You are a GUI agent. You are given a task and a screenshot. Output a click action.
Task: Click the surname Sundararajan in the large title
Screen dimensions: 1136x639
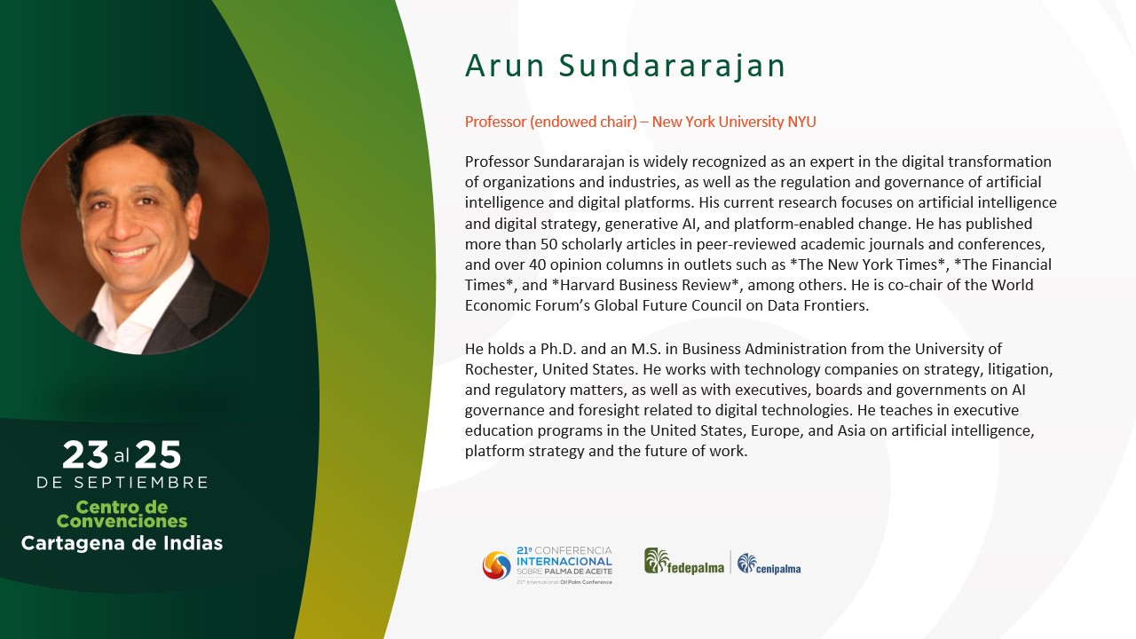point(672,66)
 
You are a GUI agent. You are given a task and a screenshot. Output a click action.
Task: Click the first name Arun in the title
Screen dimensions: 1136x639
point(505,66)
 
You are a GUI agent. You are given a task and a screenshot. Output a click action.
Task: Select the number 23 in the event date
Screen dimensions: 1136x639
point(85,454)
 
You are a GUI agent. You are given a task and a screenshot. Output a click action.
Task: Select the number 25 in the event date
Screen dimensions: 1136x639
point(158,454)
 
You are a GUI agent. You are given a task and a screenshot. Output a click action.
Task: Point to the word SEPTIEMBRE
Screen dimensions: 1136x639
point(141,482)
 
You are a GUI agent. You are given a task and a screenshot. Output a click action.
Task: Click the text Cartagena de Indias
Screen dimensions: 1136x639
point(122,543)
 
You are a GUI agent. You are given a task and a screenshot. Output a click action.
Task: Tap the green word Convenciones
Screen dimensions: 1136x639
point(122,521)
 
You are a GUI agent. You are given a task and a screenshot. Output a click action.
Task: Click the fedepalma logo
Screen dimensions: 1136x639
point(684,562)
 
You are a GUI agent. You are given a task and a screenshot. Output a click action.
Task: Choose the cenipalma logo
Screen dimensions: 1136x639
point(769,564)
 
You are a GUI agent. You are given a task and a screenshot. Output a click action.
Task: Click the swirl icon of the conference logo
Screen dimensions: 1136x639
point(496,565)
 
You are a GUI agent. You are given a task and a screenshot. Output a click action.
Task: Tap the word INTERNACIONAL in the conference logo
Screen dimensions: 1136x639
point(564,562)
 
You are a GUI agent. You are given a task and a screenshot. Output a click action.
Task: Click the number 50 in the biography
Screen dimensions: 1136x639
point(548,244)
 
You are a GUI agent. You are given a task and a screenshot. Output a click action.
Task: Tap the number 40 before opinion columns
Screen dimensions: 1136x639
point(538,264)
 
